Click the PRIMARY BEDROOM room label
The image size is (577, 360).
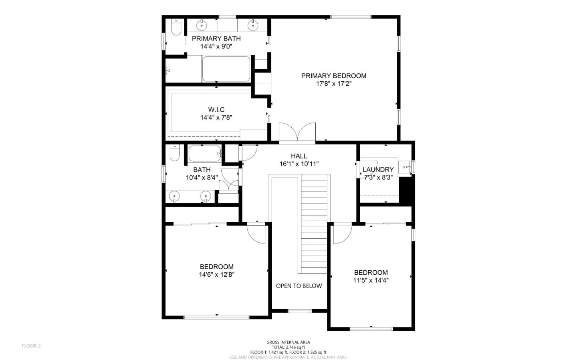point(334,76)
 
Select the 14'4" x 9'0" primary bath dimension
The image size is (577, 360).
point(216,46)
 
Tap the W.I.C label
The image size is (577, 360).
point(216,109)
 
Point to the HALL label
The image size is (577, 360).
point(299,156)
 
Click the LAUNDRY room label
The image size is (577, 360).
point(378,169)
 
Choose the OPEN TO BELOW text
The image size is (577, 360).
point(299,286)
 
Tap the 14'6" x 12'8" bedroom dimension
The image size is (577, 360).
point(217,275)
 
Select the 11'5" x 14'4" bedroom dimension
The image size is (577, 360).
point(371,280)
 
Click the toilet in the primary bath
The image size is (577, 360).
point(176,27)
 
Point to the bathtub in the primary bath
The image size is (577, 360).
point(226,69)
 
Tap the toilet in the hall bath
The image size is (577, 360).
point(174,153)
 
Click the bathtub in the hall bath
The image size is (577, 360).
point(205,154)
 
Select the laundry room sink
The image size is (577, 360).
point(404,167)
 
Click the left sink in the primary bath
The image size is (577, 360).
point(202,26)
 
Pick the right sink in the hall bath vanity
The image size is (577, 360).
point(206,197)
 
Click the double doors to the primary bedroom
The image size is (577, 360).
point(297,132)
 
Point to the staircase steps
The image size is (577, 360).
point(314,223)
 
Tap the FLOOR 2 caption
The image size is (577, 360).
point(31,346)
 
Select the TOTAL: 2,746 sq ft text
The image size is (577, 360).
point(288,347)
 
